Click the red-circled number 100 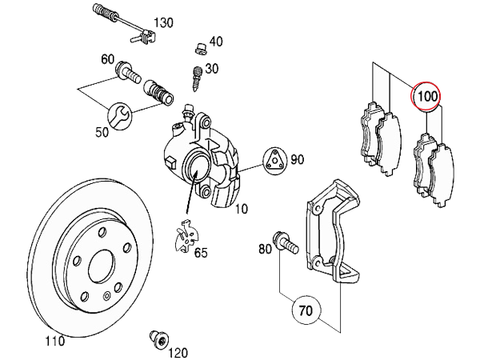(426, 96)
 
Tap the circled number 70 (306, 310)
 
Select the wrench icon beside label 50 (120, 116)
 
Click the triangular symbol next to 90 (275, 160)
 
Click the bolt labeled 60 (128, 73)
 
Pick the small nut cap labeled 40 (201, 49)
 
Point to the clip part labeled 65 (186, 236)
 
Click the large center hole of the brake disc (101, 266)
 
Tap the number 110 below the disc (55, 341)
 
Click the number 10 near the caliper (241, 209)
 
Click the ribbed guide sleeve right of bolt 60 (158, 92)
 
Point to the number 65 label (201, 253)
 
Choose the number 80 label (265, 249)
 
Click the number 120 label (178, 352)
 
